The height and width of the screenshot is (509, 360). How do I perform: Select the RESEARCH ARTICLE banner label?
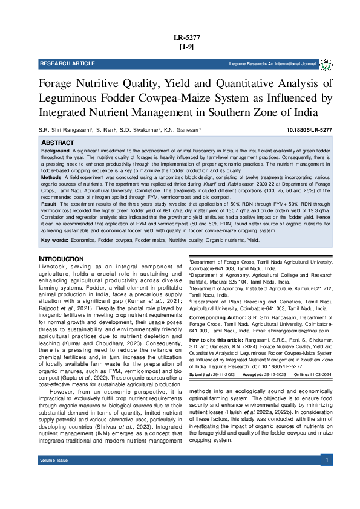67,63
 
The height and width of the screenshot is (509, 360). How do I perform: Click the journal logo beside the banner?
326,64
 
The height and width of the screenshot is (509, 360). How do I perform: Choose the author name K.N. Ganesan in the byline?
182,131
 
